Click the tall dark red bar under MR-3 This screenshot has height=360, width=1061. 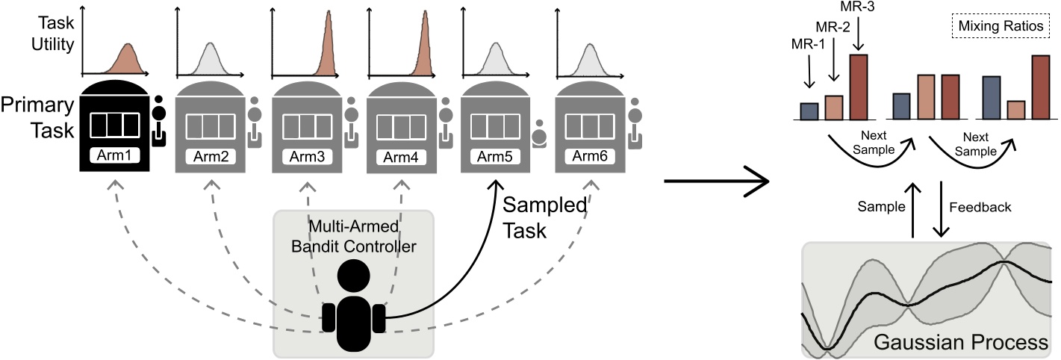pyautogui.click(x=859, y=87)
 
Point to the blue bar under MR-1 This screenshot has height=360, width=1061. pyautogui.click(x=809, y=111)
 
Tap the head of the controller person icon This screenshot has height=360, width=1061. pyautogui.click(x=355, y=277)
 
